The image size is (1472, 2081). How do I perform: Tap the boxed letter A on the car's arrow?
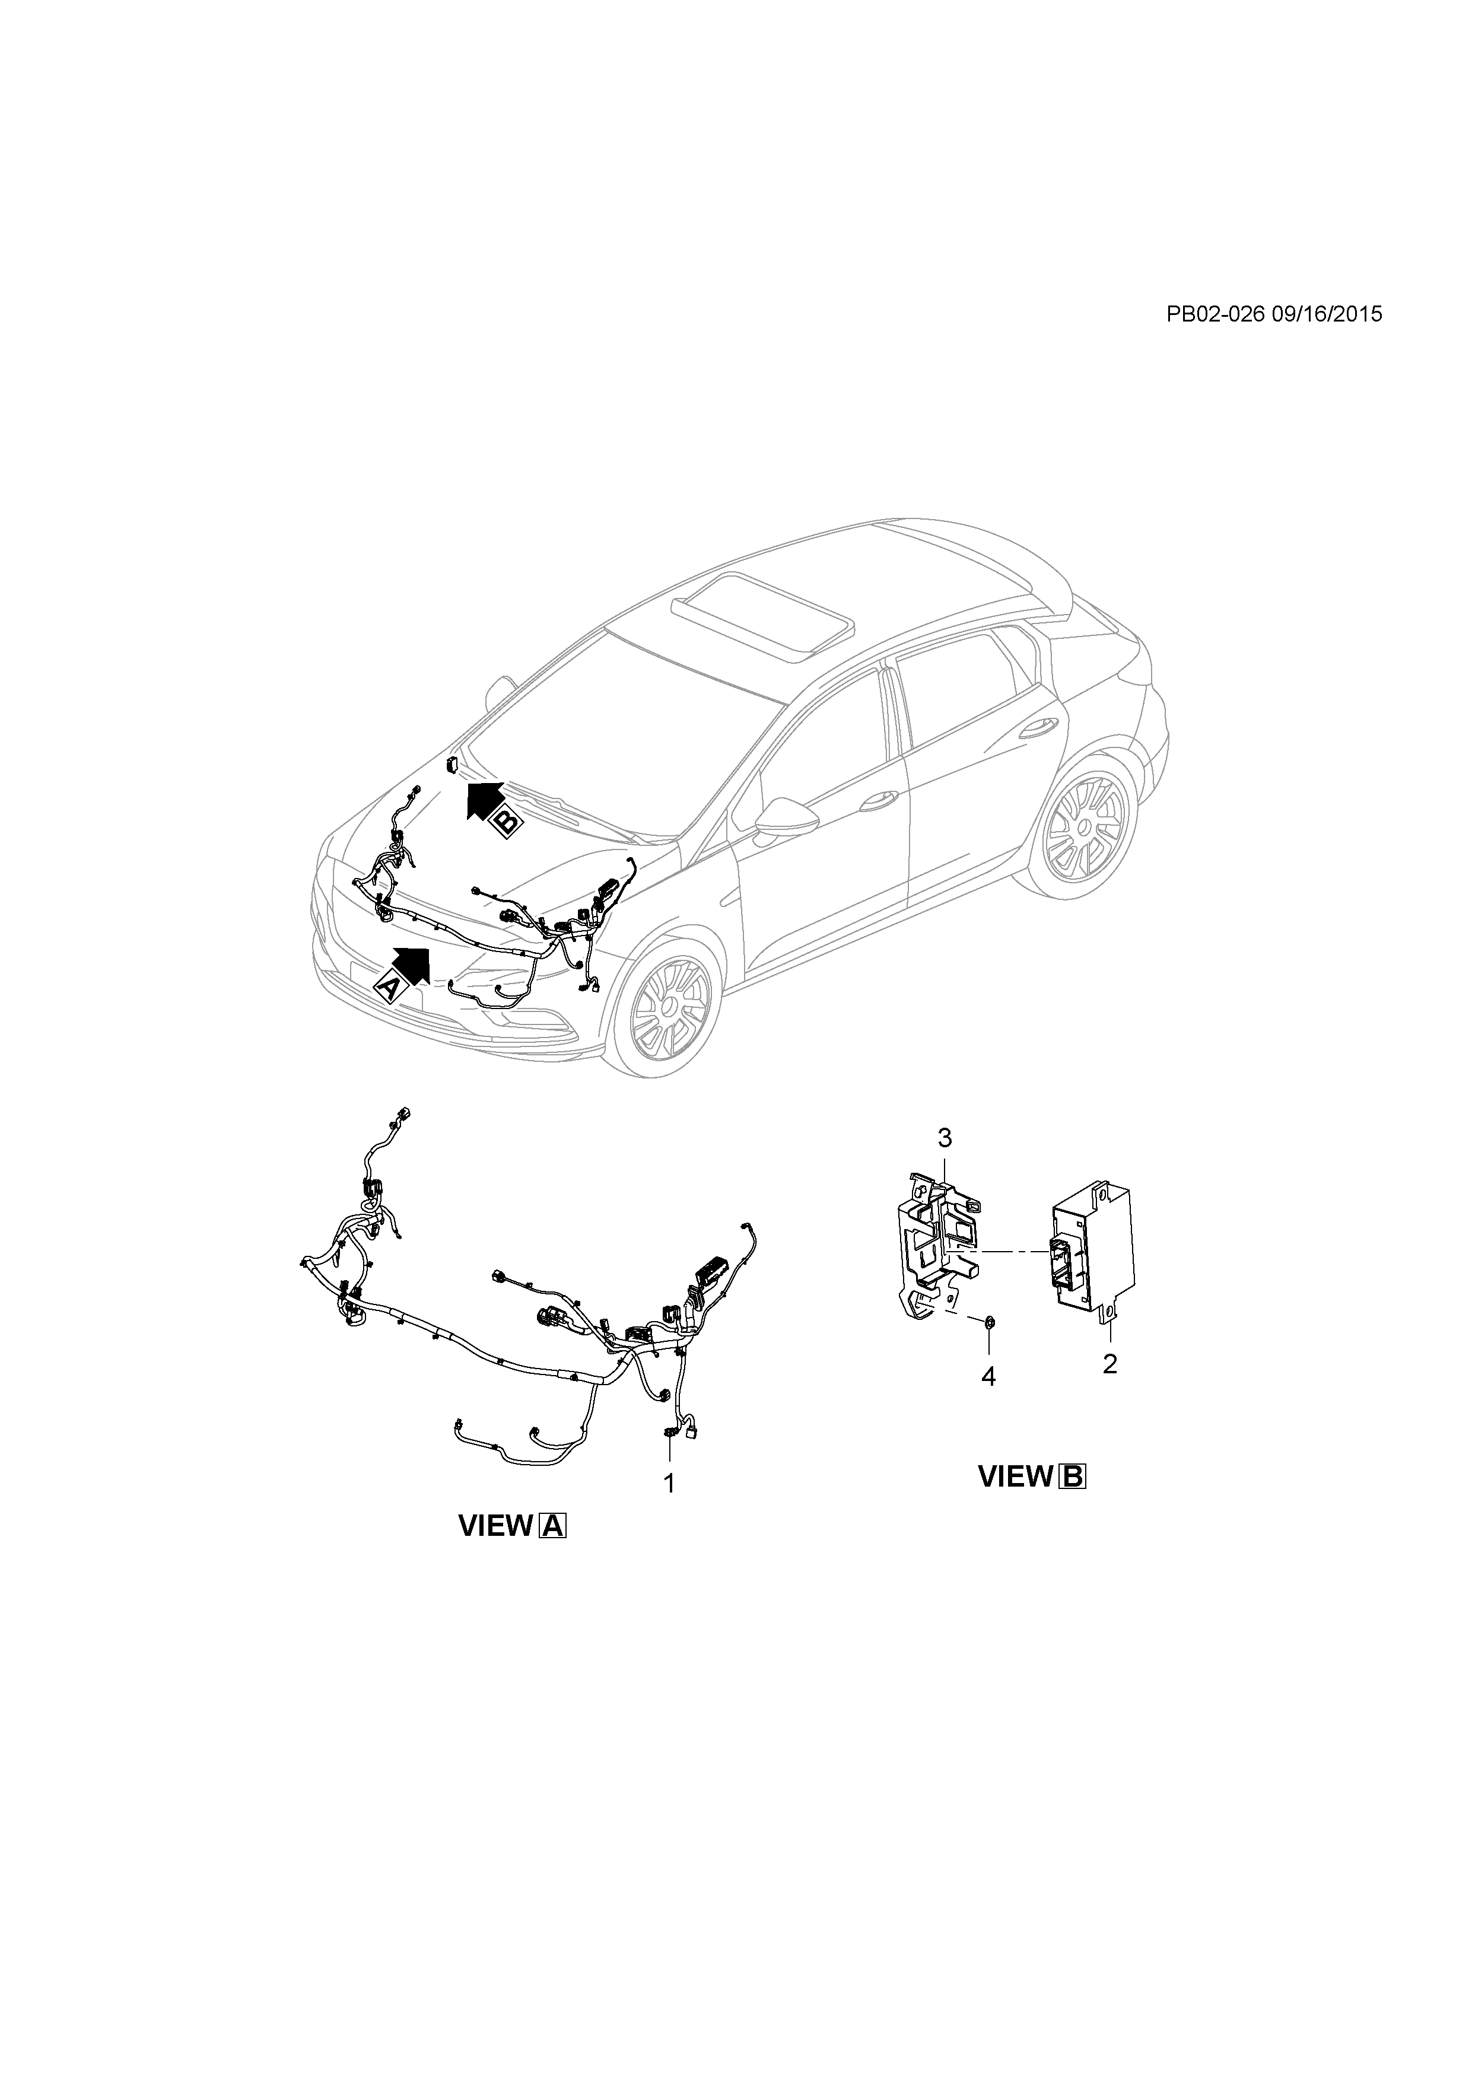(x=387, y=987)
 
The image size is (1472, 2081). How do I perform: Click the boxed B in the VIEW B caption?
(x=1072, y=1477)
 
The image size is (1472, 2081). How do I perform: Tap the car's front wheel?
(x=671, y=1008)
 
